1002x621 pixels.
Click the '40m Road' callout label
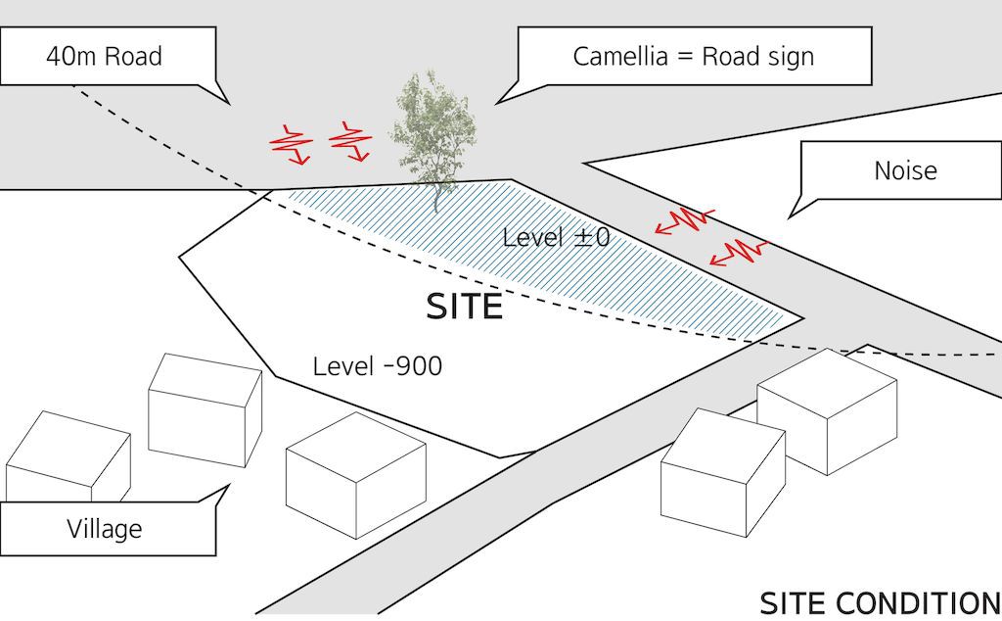coord(104,56)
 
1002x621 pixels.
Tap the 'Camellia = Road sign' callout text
coord(693,56)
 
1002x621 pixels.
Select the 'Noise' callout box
coord(904,171)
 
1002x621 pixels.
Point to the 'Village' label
coord(104,529)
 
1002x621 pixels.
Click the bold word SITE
coord(464,308)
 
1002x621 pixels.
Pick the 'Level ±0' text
coord(556,237)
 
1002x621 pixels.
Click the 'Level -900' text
coord(377,366)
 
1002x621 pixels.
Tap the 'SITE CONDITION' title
coord(880,602)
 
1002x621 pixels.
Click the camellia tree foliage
coord(432,125)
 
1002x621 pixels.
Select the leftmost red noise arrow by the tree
coord(291,144)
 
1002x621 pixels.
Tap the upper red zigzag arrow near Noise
coord(685,220)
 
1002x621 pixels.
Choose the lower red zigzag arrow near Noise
coord(739,254)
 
